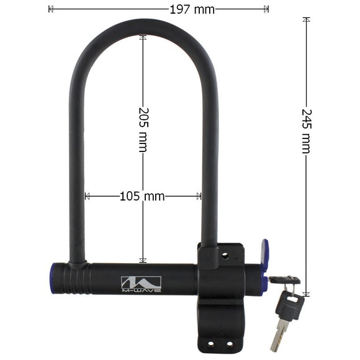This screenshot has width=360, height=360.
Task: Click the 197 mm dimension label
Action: pyautogui.click(x=192, y=10)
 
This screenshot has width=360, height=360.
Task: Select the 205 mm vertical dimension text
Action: pyautogui.click(x=144, y=130)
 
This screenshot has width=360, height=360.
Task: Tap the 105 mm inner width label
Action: pyautogui.click(x=142, y=196)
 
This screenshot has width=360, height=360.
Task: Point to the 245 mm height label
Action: pyautogui.click(x=306, y=132)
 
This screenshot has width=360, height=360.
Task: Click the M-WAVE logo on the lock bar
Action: pyautogui.click(x=141, y=284)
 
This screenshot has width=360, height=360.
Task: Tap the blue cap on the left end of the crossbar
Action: pyautogui.click(x=52, y=279)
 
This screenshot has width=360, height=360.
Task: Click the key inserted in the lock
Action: pyautogui.click(x=284, y=280)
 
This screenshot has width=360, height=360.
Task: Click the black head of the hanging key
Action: pyautogui.click(x=290, y=305)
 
